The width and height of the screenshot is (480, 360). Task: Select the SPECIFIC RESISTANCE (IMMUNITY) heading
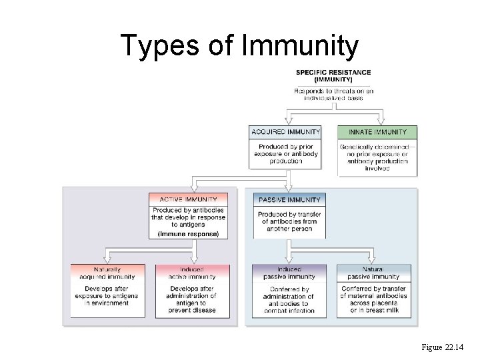click(333, 75)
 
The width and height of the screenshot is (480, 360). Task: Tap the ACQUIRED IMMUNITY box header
click(285, 132)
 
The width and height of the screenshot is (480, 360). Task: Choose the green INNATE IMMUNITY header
click(377, 132)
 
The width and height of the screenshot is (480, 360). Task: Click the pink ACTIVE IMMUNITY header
click(188, 199)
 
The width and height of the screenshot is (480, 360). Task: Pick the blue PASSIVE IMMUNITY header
click(289, 199)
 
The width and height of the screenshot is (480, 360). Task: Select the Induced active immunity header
click(192, 273)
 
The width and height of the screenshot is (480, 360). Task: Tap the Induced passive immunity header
click(289, 273)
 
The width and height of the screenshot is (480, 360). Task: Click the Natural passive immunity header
click(374, 273)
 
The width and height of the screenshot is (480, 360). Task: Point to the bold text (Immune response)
click(188, 234)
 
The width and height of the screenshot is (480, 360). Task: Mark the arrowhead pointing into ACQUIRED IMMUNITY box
click(287, 121)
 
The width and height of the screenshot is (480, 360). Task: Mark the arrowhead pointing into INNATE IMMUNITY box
click(380, 121)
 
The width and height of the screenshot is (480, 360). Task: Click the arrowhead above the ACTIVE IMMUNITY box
click(192, 189)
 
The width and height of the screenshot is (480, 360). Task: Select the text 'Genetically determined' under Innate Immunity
click(377, 147)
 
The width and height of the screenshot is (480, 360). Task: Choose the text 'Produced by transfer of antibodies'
click(289, 217)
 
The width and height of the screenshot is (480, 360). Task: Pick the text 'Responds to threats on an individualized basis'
click(333, 95)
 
